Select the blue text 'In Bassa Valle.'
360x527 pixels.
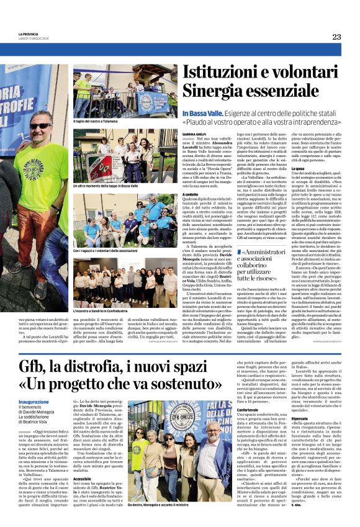pyautogui.click(x=200, y=114)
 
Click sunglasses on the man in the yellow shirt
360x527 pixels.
pyautogui.click(x=41, y=125)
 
